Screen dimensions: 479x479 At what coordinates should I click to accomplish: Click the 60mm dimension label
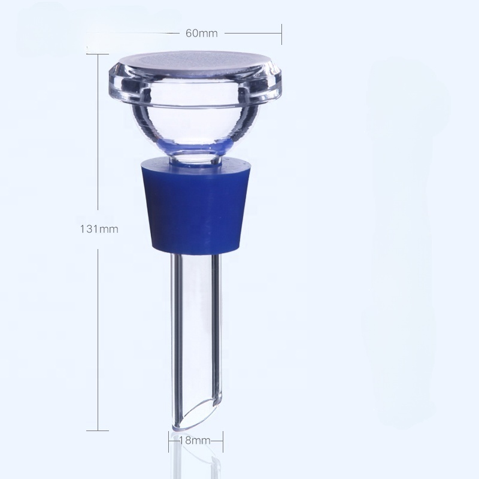(x=201, y=33)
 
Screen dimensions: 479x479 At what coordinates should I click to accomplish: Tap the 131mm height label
(x=99, y=228)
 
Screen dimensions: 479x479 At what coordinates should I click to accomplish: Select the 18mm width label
(x=195, y=441)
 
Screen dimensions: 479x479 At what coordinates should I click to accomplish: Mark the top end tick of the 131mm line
(x=98, y=54)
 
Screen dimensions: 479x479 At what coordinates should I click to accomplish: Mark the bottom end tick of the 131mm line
(x=98, y=430)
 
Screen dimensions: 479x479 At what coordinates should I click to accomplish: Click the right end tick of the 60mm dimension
(x=281, y=33)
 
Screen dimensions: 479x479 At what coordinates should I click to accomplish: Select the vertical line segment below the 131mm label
(x=98, y=335)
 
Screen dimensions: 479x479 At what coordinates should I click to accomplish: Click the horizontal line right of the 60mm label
(x=251, y=33)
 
